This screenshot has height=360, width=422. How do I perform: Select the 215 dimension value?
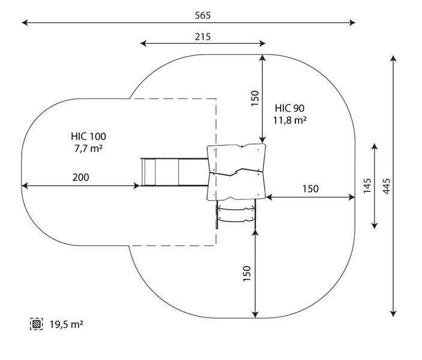(x=202, y=36)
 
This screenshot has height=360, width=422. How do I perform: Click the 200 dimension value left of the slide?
(x=81, y=177)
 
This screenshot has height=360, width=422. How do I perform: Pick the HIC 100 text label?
(x=88, y=136)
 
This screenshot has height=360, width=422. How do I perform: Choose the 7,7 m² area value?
(x=88, y=148)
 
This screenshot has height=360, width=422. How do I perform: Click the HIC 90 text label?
(x=290, y=108)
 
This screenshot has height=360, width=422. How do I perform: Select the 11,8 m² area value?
(x=290, y=120)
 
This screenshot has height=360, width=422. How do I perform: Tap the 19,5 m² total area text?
(x=66, y=325)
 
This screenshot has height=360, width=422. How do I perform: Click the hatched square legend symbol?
(x=37, y=325)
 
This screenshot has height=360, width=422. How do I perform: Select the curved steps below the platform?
(x=237, y=214)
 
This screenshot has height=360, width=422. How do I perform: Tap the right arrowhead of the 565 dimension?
(x=353, y=23)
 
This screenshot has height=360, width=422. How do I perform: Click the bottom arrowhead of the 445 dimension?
(x=393, y=313)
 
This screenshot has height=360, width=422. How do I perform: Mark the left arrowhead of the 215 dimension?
(x=142, y=43)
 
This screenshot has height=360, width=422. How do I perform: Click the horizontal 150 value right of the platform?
(x=310, y=188)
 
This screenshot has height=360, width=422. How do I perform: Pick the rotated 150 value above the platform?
(x=255, y=98)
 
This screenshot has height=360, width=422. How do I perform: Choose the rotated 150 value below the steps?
(x=246, y=274)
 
